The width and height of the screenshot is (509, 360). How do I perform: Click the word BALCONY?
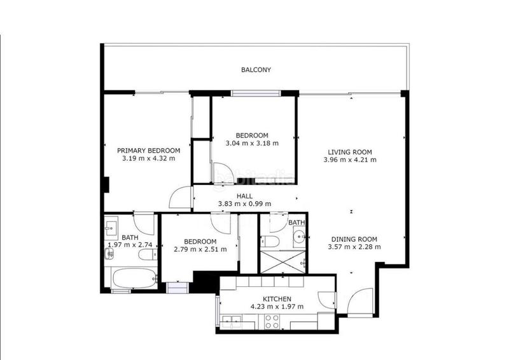click(x=256, y=69)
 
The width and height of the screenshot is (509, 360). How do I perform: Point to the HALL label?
click(x=245, y=197)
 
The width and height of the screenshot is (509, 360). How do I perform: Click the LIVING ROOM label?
click(x=350, y=152)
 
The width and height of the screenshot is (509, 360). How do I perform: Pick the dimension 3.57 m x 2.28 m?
click(x=354, y=247)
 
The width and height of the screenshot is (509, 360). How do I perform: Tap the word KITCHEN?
click(x=277, y=299)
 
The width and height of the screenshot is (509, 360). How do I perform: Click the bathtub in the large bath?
click(x=132, y=278)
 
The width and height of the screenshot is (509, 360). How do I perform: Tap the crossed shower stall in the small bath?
click(x=282, y=261)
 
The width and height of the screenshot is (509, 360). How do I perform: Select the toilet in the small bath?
click(x=267, y=242)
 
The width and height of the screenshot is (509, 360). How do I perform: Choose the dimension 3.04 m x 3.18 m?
click(x=252, y=143)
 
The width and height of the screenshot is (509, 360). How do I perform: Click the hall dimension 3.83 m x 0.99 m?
click(x=245, y=204)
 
